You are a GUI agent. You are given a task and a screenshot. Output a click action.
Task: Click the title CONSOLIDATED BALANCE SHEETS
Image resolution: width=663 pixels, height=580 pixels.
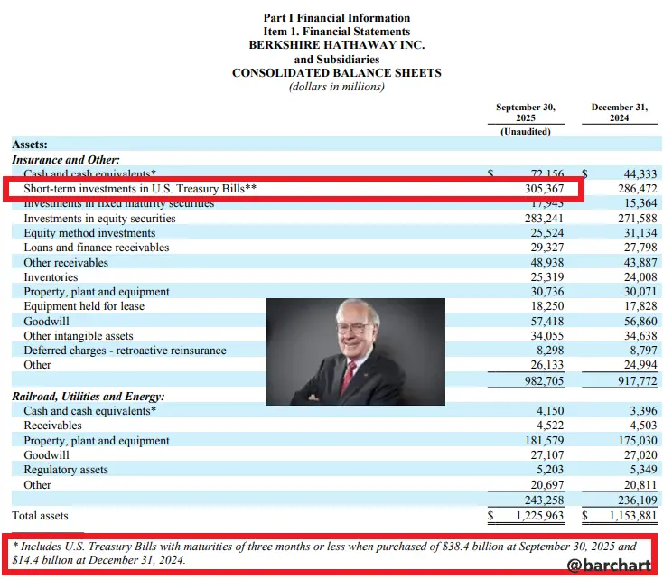coord(336,72)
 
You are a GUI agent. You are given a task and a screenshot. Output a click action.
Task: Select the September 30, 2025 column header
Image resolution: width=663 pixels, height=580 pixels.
coord(525,113)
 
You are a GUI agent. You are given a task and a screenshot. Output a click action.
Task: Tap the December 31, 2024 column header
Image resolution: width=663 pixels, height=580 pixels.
coord(619,113)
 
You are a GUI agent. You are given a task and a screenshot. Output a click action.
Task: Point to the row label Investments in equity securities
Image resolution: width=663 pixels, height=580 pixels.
coord(99,219)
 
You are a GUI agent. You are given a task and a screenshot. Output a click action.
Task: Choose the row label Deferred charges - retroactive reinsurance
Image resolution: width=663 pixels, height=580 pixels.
coord(125,350)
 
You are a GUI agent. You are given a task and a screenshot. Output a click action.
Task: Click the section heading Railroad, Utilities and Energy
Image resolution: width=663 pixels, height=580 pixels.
coord(89,397)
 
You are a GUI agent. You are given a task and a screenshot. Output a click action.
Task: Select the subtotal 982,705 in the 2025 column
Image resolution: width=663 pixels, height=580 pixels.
coord(545,380)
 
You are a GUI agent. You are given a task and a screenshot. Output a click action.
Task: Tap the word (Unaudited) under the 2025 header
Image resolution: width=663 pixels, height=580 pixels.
coord(525,131)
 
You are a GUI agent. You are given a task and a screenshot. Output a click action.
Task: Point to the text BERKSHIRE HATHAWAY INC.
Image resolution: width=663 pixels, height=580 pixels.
coord(336,44)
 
